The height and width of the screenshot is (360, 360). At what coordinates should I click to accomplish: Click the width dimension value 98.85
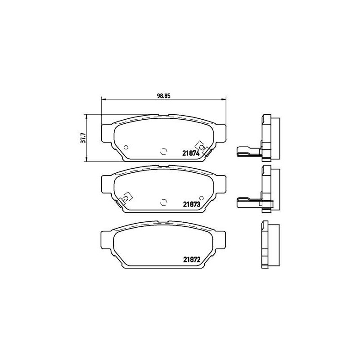tap(163, 95)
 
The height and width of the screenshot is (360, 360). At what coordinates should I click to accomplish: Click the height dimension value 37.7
tap(83, 137)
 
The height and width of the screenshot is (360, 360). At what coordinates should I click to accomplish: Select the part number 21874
tap(191, 153)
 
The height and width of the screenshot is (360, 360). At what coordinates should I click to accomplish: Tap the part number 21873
tap(191, 204)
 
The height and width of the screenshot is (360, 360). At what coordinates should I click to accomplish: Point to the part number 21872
tap(191, 259)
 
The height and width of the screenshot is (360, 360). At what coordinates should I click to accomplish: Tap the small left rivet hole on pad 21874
tap(126, 147)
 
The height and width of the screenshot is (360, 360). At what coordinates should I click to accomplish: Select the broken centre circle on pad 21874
tap(164, 152)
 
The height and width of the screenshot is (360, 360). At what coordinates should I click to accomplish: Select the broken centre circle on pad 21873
tap(164, 202)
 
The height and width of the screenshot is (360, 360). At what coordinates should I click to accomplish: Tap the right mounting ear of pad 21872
tap(220, 241)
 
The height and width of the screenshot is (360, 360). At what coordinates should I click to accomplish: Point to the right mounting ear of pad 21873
tap(220, 184)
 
